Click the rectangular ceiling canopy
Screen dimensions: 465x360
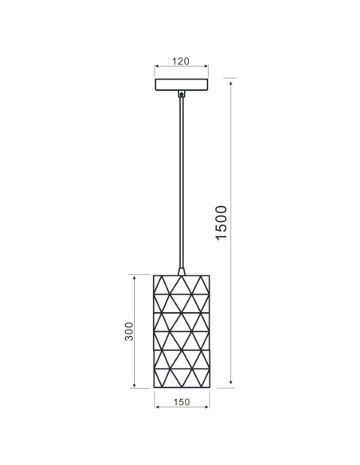coord(183,84)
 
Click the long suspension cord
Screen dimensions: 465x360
coord(183,183)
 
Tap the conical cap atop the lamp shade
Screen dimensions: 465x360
coord(183,272)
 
